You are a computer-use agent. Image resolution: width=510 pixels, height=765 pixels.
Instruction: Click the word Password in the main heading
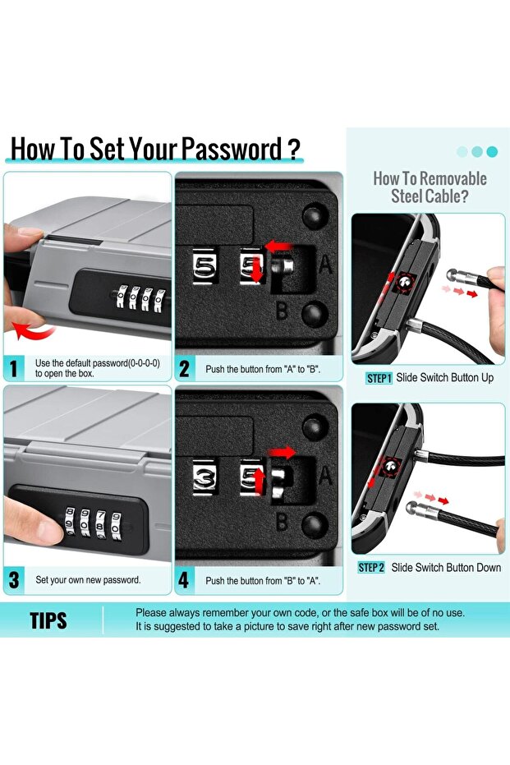(232, 149)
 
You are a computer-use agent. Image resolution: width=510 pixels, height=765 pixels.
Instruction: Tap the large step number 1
(15, 368)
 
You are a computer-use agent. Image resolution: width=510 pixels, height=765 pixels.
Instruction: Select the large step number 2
(184, 369)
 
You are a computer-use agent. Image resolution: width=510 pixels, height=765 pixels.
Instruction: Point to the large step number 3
(15, 580)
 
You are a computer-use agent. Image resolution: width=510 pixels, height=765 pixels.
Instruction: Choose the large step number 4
(183, 580)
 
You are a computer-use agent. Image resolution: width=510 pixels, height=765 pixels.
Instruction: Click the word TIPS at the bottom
(48, 620)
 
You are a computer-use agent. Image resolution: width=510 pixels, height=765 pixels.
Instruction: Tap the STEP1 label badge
(379, 378)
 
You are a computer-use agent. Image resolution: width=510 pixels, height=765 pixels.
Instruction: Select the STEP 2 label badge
(371, 568)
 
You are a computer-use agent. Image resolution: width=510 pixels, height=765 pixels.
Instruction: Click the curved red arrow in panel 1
(33, 331)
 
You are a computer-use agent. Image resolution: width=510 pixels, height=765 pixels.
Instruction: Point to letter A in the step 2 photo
(325, 265)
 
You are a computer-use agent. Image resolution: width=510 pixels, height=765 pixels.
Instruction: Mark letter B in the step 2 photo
(282, 311)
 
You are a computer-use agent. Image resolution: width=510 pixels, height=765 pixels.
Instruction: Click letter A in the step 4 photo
(325, 475)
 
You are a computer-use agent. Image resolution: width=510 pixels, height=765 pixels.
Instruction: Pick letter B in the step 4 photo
(282, 521)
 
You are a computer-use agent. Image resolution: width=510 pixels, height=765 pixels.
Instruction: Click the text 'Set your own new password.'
(88, 580)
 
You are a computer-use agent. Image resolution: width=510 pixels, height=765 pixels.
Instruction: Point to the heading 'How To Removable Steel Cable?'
(430, 187)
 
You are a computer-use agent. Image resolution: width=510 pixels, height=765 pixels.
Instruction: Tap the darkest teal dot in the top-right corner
(492, 151)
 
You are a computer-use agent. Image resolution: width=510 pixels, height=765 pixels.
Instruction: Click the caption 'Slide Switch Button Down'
(446, 568)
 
